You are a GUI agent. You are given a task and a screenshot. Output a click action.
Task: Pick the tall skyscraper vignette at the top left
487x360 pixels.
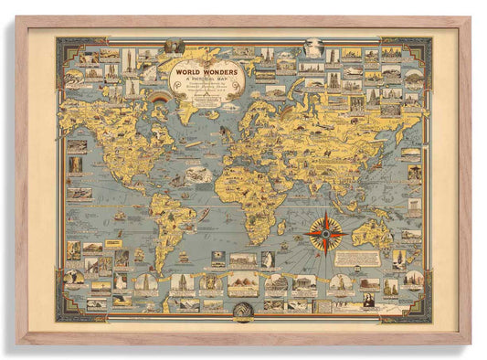coord(129,60)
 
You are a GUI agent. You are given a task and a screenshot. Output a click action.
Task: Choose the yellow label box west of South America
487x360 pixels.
coord(113,244)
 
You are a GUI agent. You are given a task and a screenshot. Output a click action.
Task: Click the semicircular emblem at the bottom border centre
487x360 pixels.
coord(243,311)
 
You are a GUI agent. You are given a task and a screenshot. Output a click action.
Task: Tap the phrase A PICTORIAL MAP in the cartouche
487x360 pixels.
coord(210,79)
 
